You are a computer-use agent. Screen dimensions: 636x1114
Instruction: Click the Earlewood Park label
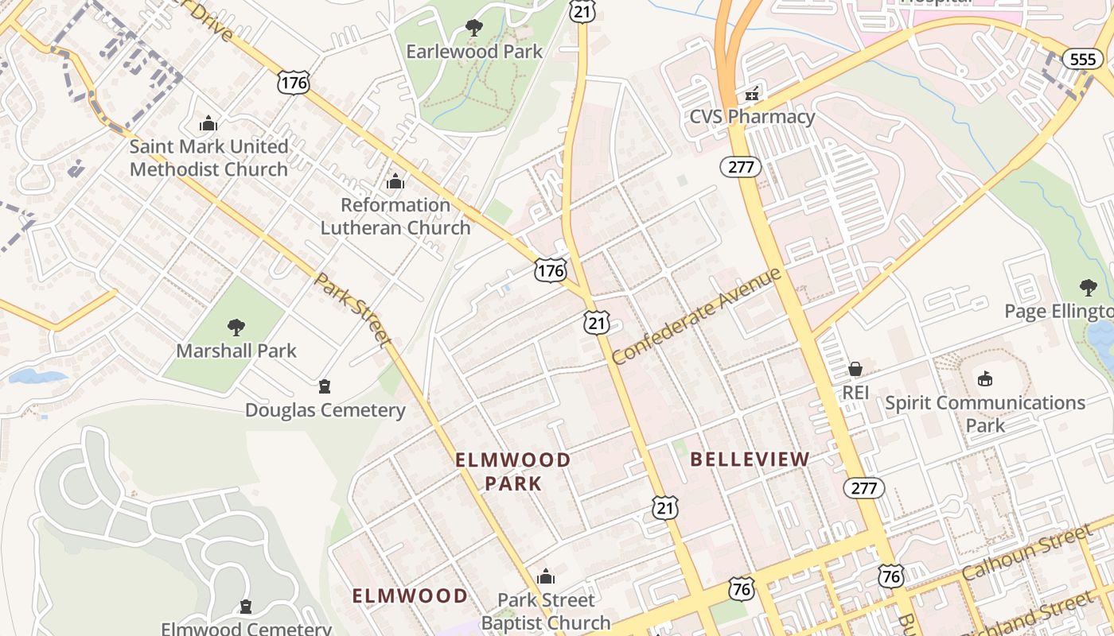474,52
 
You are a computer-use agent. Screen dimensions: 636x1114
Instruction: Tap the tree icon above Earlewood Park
474,29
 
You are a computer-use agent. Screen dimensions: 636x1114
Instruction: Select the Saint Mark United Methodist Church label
208,157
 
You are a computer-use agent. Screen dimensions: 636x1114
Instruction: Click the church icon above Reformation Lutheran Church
395,182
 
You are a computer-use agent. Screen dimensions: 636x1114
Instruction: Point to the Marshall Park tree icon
236,327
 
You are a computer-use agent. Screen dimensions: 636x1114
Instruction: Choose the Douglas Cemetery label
325,410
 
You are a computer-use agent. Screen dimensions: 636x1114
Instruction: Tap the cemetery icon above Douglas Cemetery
324,387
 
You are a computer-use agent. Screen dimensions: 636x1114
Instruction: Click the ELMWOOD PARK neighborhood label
513,471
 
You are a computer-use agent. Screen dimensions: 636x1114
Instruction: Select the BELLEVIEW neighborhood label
750,459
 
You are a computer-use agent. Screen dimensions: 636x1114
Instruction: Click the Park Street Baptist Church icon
546,576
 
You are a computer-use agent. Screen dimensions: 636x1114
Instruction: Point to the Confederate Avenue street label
698,316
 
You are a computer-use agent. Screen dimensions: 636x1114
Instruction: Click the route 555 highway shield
1083,60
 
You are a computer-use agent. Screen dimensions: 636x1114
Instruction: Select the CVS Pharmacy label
752,117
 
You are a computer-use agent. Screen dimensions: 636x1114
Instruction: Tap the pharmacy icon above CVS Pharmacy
751,94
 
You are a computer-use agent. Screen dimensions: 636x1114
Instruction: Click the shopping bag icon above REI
855,369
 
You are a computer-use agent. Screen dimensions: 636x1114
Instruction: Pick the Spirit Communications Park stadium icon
985,378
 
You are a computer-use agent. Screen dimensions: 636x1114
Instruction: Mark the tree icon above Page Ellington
1088,288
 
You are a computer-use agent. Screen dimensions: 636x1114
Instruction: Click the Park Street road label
353,310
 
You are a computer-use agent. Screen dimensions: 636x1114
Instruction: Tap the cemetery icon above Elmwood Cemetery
246,607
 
